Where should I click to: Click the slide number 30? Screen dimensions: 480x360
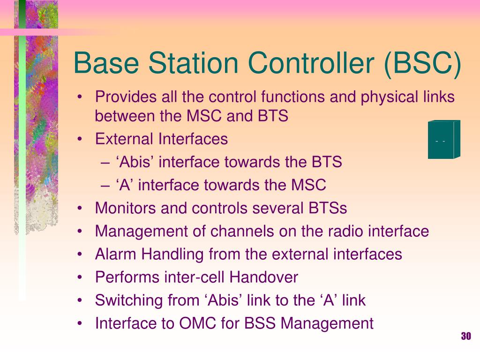coord(466,336)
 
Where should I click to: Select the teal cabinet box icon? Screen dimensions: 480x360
coord(444,139)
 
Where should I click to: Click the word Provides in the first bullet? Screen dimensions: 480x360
coord(126,97)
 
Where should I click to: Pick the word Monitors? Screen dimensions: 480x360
coord(126,208)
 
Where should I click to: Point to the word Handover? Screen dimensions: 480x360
coord(263,277)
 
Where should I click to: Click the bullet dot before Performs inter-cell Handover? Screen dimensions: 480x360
coord(80,277)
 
